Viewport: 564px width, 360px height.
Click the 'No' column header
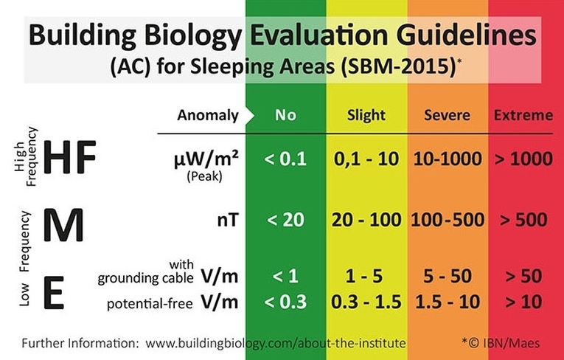(x=285, y=115)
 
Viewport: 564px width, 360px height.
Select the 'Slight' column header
(x=366, y=115)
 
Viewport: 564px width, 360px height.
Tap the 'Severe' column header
(x=447, y=115)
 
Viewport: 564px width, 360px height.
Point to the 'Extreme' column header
(x=523, y=115)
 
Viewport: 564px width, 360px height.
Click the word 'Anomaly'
(x=208, y=116)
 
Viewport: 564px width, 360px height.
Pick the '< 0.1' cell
(x=285, y=159)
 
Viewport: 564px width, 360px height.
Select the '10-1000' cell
(x=448, y=159)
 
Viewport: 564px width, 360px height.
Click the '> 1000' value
(x=523, y=159)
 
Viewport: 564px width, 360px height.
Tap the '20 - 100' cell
(x=366, y=220)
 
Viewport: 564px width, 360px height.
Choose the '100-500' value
(x=448, y=220)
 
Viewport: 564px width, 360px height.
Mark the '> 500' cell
(x=523, y=220)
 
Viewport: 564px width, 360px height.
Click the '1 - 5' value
(x=364, y=276)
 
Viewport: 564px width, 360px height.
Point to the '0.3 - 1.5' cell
(x=366, y=302)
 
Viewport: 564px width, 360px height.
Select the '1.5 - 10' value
(x=448, y=302)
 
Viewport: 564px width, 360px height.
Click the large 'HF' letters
(x=70, y=157)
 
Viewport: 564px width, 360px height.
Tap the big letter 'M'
(x=63, y=225)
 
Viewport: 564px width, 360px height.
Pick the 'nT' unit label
(x=228, y=220)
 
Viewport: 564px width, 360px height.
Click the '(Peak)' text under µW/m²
(x=205, y=176)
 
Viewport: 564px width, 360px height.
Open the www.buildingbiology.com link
(x=276, y=343)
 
